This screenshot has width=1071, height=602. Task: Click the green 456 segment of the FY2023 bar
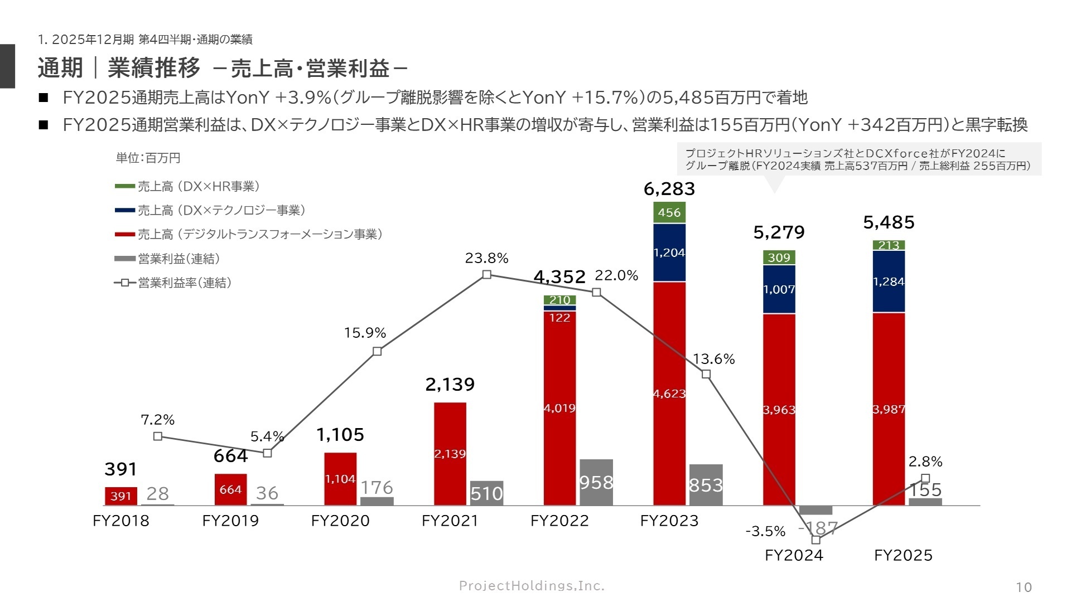tap(669, 212)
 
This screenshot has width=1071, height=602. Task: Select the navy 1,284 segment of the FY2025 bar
tap(889, 281)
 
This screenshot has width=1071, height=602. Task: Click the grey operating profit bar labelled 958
tap(596, 482)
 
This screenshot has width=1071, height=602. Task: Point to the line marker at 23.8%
tap(486, 274)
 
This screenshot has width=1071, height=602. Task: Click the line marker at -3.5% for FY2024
tap(816, 540)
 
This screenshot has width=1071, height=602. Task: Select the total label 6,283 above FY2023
tap(669, 189)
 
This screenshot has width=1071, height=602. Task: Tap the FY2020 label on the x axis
tap(340, 521)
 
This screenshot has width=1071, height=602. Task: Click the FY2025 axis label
tap(903, 555)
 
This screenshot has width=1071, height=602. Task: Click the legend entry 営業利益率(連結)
tap(184, 283)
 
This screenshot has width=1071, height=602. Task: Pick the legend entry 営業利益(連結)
tap(178, 259)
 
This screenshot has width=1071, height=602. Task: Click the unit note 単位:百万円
tap(148, 158)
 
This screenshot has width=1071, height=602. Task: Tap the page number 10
tap(1024, 587)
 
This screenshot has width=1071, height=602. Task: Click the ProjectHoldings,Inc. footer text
tap(532, 585)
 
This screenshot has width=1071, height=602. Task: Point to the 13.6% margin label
tap(713, 359)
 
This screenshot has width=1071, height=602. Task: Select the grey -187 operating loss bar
tap(816, 510)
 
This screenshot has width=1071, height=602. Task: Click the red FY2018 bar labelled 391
tap(120, 496)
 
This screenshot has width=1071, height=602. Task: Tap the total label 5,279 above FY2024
tap(779, 232)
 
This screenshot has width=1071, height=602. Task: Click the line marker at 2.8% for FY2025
tap(925, 478)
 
